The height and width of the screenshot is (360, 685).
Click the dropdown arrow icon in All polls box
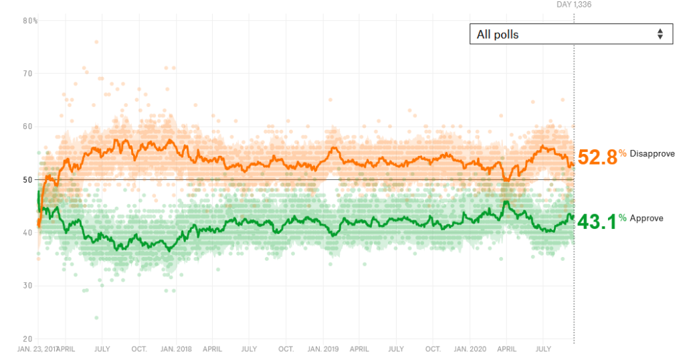[x=660, y=34]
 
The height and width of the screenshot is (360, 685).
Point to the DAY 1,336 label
[x=574, y=5]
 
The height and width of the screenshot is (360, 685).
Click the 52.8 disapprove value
[x=597, y=157]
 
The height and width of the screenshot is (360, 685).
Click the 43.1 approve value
[x=597, y=221]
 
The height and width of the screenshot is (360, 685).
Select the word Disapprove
[x=652, y=154]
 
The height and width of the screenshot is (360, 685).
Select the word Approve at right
[x=646, y=218]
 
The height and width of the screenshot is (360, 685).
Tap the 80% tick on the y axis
[x=30, y=21]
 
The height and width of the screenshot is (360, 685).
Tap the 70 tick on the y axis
[x=28, y=74]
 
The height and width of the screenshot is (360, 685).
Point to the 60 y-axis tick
[x=28, y=126]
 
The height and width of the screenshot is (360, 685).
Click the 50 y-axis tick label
[x=28, y=179]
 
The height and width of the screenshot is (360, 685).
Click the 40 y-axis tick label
[x=28, y=233]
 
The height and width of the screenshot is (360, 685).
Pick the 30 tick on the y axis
[x=28, y=286]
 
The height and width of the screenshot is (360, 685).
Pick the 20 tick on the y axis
[x=28, y=339]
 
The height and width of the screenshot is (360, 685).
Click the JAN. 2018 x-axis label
[x=177, y=349]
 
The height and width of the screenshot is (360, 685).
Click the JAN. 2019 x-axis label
[x=322, y=349]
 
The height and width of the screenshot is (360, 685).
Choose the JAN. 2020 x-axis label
[x=470, y=349]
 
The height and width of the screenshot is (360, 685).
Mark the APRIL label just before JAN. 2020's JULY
[x=506, y=349]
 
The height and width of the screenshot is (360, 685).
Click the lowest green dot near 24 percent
[x=96, y=318]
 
